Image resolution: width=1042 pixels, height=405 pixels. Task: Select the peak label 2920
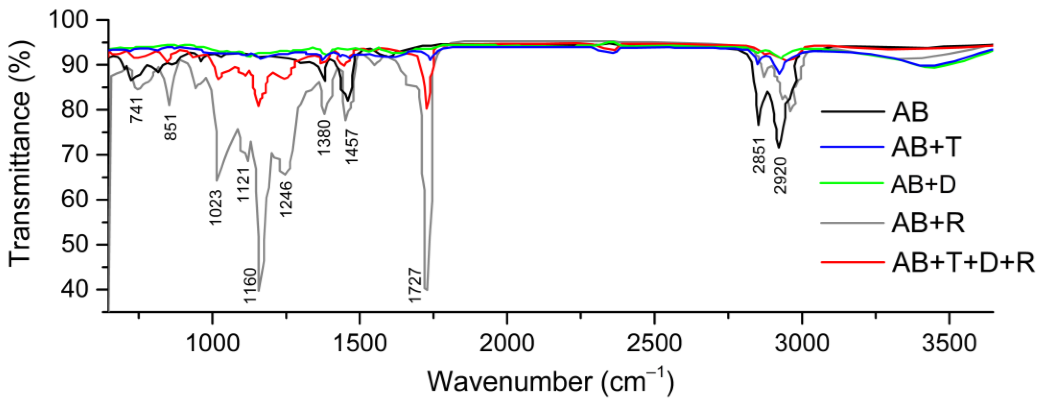point(781,175)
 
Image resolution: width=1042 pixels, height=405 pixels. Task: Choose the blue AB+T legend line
point(852,147)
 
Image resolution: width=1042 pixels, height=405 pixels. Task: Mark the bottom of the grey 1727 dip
point(426,289)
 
